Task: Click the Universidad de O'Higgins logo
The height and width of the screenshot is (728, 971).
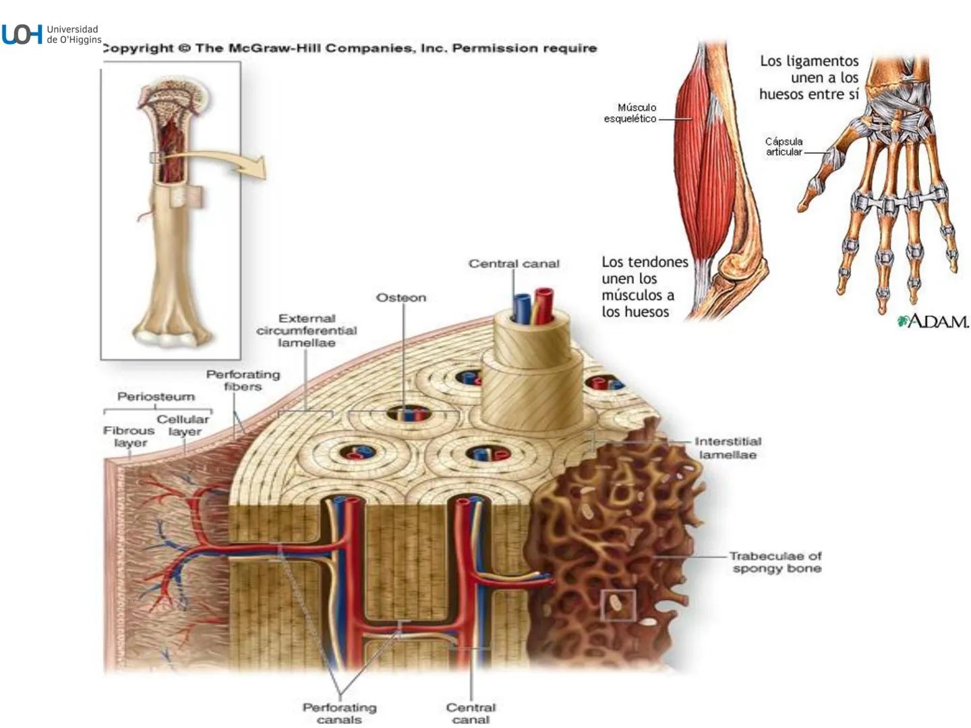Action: [x=51, y=34]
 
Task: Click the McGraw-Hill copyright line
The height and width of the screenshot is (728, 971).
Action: [x=349, y=49]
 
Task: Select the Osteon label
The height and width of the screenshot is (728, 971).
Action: [x=401, y=298]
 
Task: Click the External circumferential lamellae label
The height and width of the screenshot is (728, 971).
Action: [x=306, y=330]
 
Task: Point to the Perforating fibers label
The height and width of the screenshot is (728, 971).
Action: [x=243, y=380]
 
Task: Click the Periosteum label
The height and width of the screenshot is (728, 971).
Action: [x=156, y=396]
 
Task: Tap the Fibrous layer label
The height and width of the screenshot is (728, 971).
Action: [x=129, y=436]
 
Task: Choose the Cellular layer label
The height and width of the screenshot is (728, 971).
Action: [x=183, y=425]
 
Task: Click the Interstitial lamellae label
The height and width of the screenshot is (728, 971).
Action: [x=728, y=448]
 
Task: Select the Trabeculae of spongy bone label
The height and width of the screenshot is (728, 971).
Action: [x=775, y=562]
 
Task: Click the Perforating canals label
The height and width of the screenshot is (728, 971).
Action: [x=339, y=713]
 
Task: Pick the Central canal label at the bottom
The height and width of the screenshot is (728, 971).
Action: [x=471, y=713]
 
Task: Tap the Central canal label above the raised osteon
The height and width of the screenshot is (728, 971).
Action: [x=514, y=264]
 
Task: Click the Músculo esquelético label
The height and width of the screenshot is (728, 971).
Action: [x=630, y=113]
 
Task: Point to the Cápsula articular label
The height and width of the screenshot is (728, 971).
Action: [x=784, y=146]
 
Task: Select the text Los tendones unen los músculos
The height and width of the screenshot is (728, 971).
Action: [x=644, y=286]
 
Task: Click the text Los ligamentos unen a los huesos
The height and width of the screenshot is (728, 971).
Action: [x=808, y=78]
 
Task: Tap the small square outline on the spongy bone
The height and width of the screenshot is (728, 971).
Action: [x=618, y=605]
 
